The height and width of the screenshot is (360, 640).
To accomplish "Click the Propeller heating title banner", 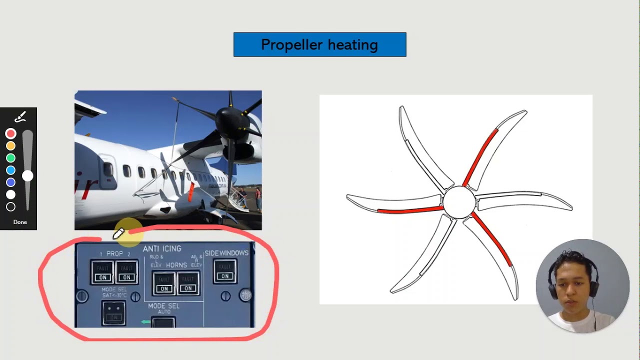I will click(x=319, y=44).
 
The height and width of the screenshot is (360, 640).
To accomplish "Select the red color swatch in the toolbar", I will click(x=10, y=133).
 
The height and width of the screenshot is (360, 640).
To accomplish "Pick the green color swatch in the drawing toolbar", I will click(x=10, y=158).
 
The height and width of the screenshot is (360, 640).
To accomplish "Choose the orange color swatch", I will click(x=10, y=146).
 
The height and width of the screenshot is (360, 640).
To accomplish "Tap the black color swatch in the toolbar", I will click(x=10, y=206).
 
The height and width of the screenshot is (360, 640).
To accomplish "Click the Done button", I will click(x=20, y=222).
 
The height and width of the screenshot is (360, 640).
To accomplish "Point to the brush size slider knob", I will click(x=27, y=175).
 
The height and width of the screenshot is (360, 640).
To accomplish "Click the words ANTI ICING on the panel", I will click(x=162, y=248).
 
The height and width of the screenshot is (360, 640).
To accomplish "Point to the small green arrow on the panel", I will click(x=145, y=322).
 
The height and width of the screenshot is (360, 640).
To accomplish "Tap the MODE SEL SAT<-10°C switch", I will click(x=114, y=313).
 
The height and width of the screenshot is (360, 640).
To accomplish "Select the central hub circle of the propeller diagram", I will click(x=459, y=202).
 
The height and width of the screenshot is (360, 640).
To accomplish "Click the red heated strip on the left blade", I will click(x=410, y=210).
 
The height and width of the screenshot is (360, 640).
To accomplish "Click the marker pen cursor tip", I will click(x=114, y=237).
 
